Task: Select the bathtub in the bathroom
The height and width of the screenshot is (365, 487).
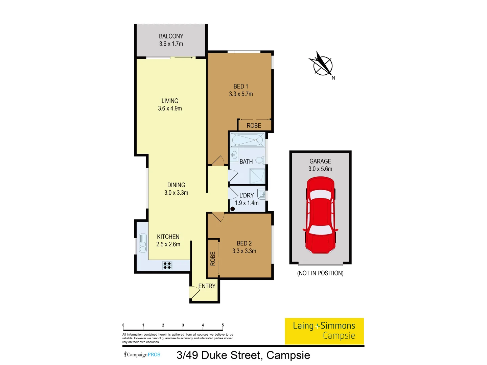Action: (x=247, y=140)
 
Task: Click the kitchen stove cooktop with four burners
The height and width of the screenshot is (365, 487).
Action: (x=167, y=265)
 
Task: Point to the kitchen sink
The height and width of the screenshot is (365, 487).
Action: (x=143, y=243)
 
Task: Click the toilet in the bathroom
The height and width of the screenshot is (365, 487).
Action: (x=260, y=160)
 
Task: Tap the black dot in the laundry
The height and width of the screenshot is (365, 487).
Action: (x=232, y=209)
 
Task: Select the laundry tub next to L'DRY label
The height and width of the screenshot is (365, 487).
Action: (x=261, y=194)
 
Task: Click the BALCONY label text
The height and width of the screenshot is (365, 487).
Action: (x=171, y=36)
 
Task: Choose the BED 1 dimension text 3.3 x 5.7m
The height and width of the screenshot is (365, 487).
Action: (x=241, y=94)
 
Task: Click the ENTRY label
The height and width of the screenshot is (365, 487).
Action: (x=207, y=286)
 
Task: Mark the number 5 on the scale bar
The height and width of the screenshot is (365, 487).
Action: (x=223, y=325)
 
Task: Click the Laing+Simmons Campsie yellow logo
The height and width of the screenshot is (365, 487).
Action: (x=324, y=331)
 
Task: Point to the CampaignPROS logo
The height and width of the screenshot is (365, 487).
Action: (x=142, y=355)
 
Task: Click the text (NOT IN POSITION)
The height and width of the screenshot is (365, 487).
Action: (x=320, y=273)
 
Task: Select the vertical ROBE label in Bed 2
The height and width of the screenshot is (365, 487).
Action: (x=213, y=259)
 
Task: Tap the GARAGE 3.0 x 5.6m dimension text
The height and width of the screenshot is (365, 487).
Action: (x=320, y=169)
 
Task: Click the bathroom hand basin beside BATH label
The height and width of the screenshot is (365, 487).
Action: (x=234, y=155)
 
